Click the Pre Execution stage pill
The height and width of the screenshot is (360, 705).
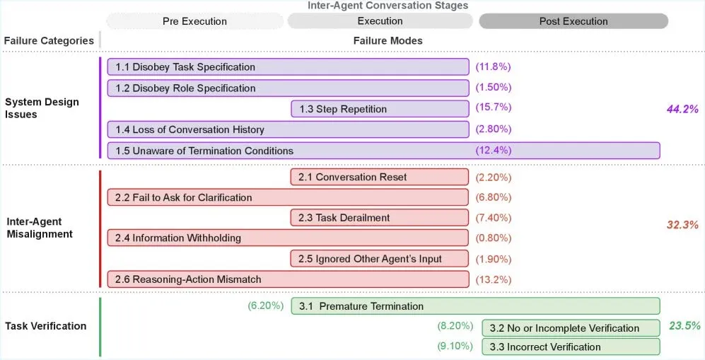(194, 21)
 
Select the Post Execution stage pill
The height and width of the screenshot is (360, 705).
(573, 21)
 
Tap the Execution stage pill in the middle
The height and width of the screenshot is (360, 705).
(380, 21)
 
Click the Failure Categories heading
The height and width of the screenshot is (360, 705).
(49, 41)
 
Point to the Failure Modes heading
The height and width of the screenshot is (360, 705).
(388, 41)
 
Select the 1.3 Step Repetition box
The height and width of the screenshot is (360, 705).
(380, 109)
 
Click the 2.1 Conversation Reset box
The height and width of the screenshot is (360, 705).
(380, 177)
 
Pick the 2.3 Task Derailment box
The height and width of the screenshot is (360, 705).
(380, 218)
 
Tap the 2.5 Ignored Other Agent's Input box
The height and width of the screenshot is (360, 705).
(380, 259)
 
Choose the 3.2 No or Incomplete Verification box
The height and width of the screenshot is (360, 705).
(571, 328)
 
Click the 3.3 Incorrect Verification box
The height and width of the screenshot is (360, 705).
(571, 347)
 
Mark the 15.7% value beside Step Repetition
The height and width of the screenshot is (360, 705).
(494, 108)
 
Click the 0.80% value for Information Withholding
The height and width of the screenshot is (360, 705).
(494, 238)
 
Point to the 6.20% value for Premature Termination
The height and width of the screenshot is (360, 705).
(266, 306)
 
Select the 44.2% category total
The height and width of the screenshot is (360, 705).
(682, 109)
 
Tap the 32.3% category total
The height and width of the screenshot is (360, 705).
(682, 225)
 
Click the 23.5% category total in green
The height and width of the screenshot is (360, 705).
(684, 326)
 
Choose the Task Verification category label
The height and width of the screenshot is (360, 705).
(45, 326)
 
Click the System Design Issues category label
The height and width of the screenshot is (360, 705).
(42, 108)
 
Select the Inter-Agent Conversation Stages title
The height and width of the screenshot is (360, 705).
(388, 6)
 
